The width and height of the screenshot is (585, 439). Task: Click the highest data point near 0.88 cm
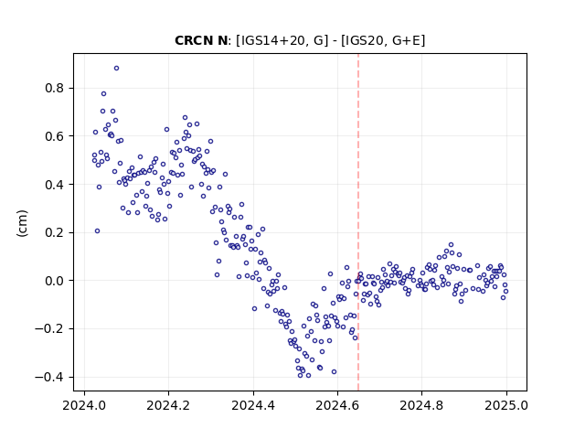[116, 69]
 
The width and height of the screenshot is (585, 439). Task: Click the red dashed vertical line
[358, 222]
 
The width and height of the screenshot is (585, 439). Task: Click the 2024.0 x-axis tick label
[84, 405]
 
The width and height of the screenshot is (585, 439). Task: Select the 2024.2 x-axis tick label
[168, 405]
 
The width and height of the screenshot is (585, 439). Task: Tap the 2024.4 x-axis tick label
[253, 405]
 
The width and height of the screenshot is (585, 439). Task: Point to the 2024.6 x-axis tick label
[337, 405]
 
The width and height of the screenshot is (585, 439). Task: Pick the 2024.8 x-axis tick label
[421, 405]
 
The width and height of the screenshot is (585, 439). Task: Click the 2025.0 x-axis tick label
[506, 405]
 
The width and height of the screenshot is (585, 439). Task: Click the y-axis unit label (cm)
[22, 223]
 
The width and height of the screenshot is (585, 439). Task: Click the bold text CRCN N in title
[201, 40]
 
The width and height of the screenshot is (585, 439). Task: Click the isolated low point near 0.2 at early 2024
[97, 231]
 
